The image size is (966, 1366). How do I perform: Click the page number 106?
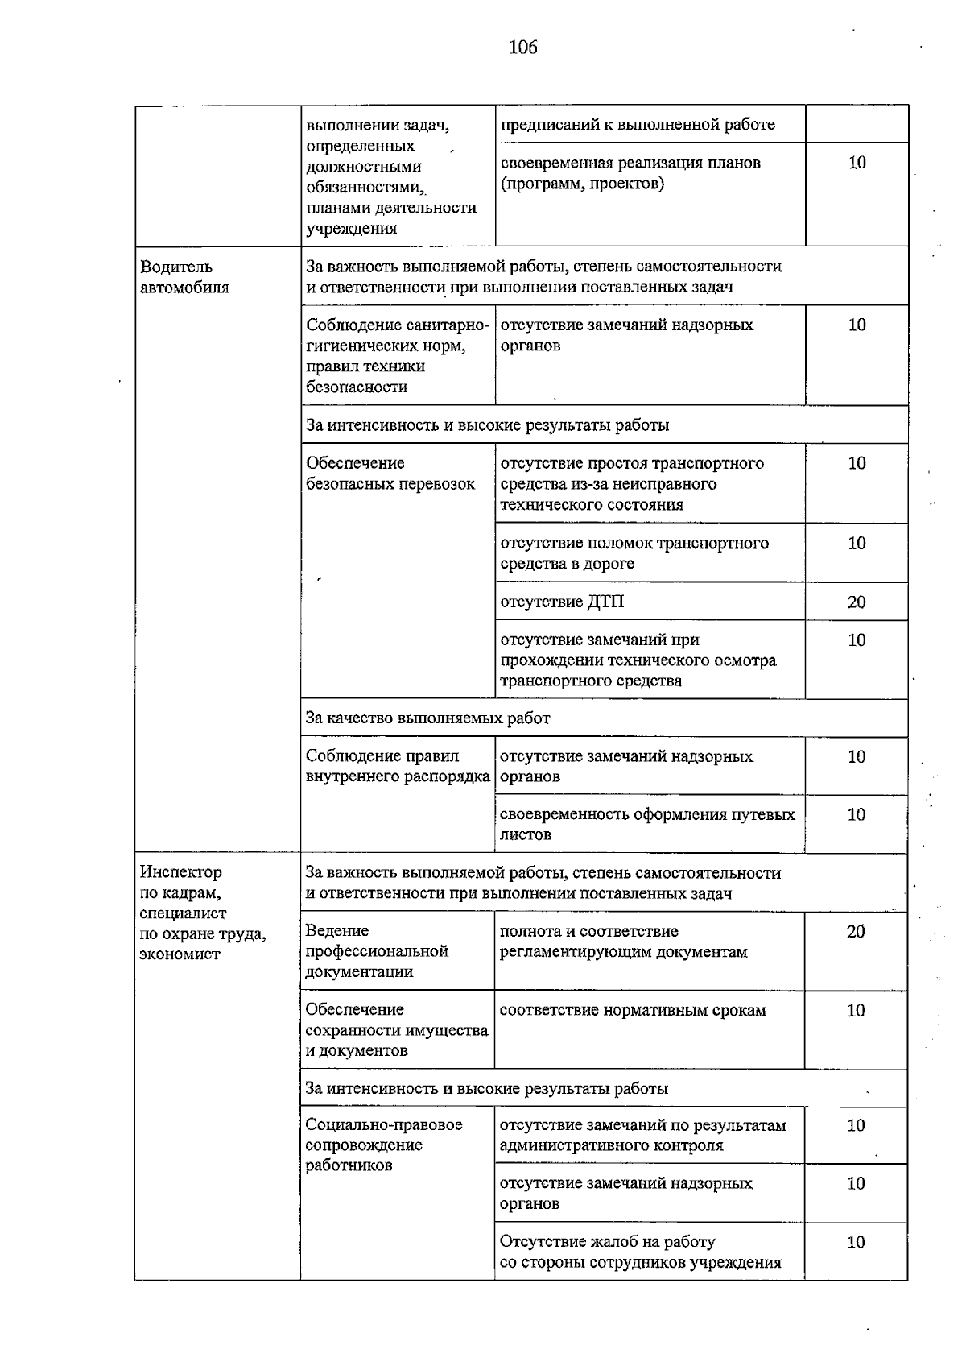(522, 48)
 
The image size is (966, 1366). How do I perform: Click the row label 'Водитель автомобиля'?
(184, 277)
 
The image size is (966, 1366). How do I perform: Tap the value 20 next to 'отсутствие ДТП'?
(857, 602)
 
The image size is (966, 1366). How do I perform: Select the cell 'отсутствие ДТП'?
(562, 602)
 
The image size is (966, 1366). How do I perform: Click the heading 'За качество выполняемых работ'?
(427, 718)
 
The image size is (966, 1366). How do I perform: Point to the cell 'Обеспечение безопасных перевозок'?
(390, 474)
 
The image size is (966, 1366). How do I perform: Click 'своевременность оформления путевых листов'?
(647, 824)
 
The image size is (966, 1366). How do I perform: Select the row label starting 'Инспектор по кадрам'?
(202, 913)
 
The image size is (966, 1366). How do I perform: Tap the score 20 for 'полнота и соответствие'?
(856, 932)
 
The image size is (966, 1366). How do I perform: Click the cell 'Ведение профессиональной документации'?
(377, 951)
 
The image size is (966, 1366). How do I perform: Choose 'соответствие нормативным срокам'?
(633, 1010)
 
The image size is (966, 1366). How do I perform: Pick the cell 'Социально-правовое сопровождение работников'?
(384, 1145)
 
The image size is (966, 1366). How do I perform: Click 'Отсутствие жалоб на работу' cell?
(641, 1252)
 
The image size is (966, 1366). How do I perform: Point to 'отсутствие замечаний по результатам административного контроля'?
(642, 1135)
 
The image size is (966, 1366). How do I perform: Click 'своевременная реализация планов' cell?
(630, 173)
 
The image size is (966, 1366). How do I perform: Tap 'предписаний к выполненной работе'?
(638, 125)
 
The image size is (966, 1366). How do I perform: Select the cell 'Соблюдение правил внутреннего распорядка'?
(398, 766)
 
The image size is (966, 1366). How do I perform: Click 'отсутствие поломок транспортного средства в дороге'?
(634, 553)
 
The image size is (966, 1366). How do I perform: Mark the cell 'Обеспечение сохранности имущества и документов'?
(396, 1030)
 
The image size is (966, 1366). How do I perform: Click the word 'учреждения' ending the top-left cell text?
(352, 229)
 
